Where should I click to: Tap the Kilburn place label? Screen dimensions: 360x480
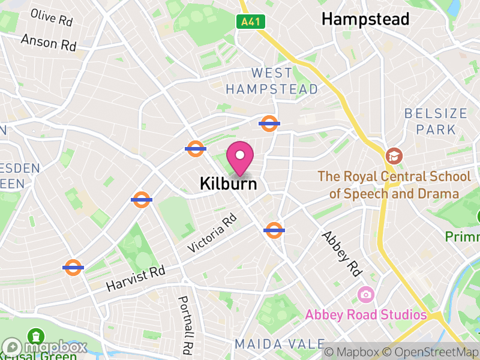click(x=229, y=184)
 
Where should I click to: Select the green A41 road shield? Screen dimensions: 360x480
click(x=251, y=22)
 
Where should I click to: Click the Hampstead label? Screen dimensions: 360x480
click(x=365, y=19)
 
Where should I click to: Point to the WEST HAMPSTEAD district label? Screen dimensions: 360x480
click(x=272, y=81)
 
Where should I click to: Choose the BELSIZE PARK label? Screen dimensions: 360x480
click(x=436, y=121)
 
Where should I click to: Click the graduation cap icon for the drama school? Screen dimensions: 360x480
click(x=394, y=156)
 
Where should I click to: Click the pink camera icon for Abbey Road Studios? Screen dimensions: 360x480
click(x=365, y=295)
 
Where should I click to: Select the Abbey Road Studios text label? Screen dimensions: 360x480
click(x=365, y=315)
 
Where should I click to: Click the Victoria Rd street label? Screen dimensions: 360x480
click(x=212, y=234)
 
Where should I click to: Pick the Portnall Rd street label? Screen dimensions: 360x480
click(x=185, y=324)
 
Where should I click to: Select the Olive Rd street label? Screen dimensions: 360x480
click(x=52, y=17)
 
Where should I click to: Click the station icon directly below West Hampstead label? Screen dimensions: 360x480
click(x=269, y=124)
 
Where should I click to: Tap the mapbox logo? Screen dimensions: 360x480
click(x=45, y=347)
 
